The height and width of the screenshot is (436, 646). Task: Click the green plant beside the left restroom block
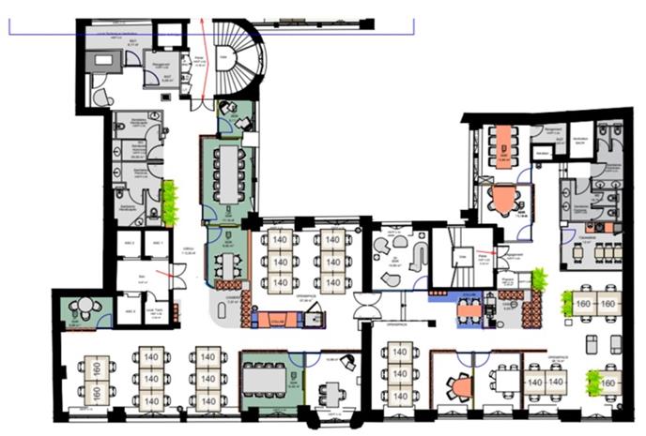coord(170,202)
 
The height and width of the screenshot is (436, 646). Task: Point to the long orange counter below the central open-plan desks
coord(281,317)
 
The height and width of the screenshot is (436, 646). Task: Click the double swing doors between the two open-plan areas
coord(367,306)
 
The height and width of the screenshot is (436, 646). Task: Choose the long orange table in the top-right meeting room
coord(507,143)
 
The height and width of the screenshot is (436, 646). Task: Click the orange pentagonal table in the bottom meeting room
coord(460,385)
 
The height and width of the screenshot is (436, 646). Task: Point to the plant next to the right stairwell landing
coord(539,278)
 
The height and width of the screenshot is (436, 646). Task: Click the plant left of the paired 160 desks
coord(567,302)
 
